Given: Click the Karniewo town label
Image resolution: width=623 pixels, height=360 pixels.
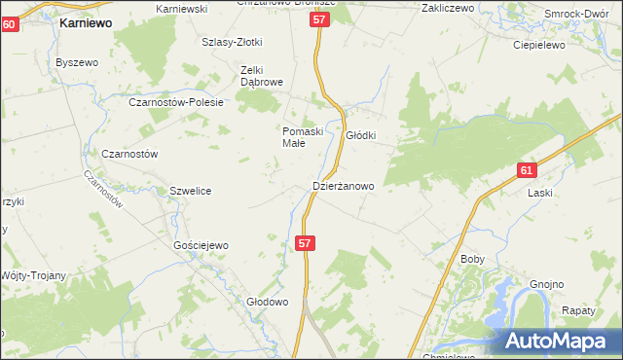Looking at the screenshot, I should [85, 21].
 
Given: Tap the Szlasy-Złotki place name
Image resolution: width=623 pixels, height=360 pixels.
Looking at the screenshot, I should [233, 42].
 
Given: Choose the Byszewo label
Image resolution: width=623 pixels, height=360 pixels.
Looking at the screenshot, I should [78, 62].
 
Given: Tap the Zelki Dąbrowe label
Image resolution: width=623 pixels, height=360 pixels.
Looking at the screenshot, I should [262, 76].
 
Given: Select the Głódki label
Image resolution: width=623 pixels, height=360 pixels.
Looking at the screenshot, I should [361, 136].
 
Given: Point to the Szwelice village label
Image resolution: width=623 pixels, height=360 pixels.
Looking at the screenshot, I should [191, 191].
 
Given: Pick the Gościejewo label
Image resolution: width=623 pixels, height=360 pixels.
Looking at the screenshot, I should [201, 246].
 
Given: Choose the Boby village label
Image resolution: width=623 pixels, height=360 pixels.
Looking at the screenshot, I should [472, 260].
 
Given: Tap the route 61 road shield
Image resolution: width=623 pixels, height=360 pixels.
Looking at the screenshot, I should [527, 170].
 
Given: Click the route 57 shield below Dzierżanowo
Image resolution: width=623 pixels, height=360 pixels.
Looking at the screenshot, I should [306, 244].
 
